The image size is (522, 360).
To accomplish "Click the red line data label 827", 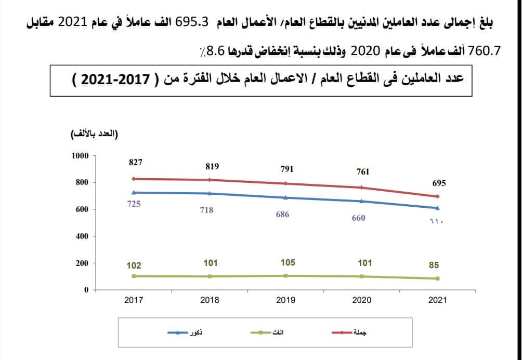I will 136,162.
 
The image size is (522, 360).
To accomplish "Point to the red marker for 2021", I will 438,196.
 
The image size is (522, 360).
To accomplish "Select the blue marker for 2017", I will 134,192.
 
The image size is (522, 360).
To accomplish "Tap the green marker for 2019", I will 286,275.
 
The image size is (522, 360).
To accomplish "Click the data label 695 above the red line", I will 439,183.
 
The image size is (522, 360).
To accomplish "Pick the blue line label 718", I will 206,210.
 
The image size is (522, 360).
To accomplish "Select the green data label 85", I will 434,265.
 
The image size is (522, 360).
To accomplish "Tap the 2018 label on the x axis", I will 210,300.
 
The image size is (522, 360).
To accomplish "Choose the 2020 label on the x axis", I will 362,300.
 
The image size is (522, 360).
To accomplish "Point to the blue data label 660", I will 358,218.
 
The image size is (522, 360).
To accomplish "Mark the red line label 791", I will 286,169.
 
